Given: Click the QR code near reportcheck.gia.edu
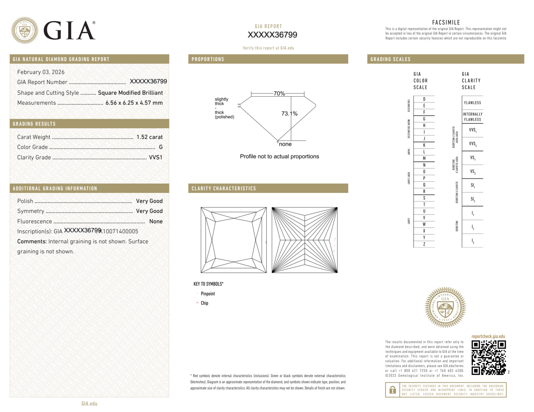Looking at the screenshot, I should pyautogui.click(x=488, y=357).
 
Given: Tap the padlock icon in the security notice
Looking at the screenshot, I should pyautogui.click(x=392, y=390).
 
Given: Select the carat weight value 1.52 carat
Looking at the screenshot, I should pyautogui.click(x=149, y=137).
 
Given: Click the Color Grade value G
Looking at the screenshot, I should pyautogui.click(x=161, y=147).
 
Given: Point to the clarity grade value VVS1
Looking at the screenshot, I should pyautogui.click(x=156, y=157).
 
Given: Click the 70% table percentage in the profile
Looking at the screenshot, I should pyautogui.click(x=279, y=94).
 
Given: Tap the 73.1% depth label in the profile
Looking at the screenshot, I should pyautogui.click(x=289, y=114).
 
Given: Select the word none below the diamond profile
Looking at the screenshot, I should pyautogui.click(x=285, y=144).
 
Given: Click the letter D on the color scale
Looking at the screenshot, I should pyautogui.click(x=424, y=99).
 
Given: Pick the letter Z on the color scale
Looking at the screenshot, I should pyautogui.click(x=424, y=244).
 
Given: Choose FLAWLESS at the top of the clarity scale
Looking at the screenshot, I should pyautogui.click(x=472, y=103).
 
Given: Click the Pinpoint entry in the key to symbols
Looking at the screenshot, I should pyautogui.click(x=208, y=294).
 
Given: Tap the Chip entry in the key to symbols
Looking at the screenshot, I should pyautogui.click(x=204, y=303).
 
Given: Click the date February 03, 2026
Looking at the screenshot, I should pyautogui.click(x=41, y=72).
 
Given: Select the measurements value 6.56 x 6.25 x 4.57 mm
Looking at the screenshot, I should pyautogui.click(x=134, y=103).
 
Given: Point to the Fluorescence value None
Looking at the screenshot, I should pyautogui.click(x=156, y=221).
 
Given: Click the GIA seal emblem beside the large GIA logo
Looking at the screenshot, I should pyautogui.click(x=25, y=30).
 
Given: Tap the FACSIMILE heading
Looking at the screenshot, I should pyautogui.click(x=446, y=23).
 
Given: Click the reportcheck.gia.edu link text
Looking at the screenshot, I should pyautogui.click(x=488, y=336).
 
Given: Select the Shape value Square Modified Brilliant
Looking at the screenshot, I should pyautogui.click(x=130, y=93).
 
